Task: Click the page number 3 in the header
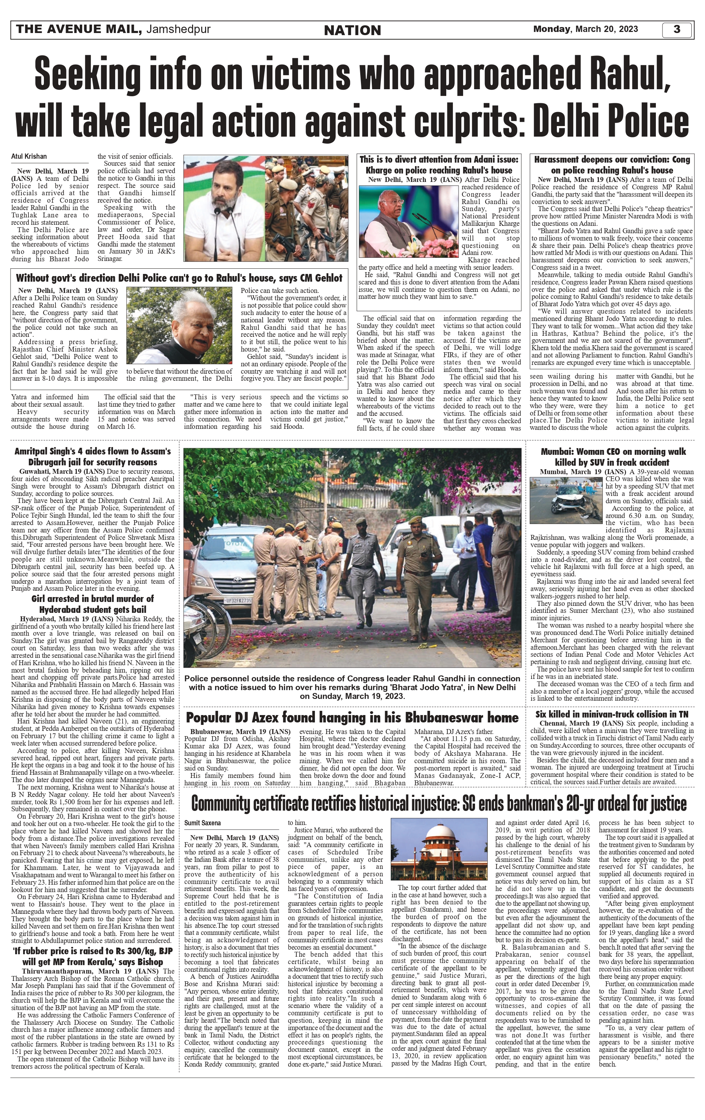click(677, 29)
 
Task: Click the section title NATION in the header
click(352, 30)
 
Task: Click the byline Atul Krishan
click(29, 157)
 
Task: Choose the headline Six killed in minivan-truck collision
click(612, 714)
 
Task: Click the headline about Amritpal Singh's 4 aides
click(93, 456)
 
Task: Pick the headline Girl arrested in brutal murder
click(93, 604)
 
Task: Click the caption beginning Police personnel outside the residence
click(352, 687)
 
